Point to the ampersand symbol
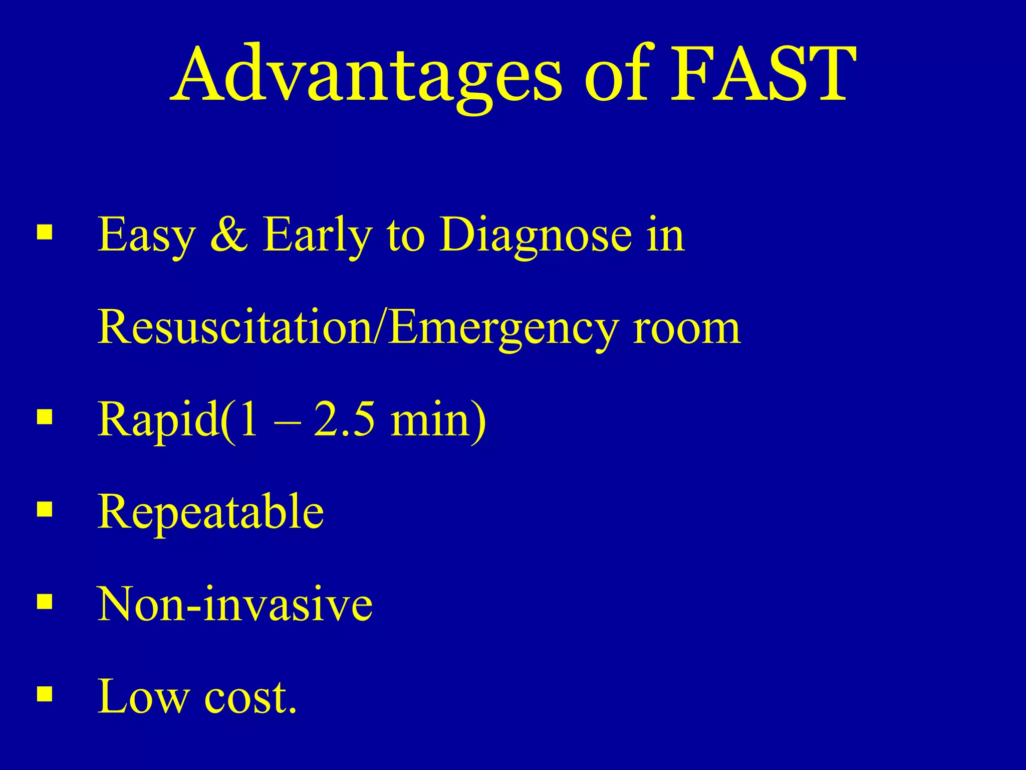click(x=229, y=235)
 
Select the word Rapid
click(x=158, y=420)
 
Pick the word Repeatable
click(x=210, y=512)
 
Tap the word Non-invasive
click(x=235, y=604)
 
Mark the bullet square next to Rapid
click(x=45, y=417)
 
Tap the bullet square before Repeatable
click(x=45, y=509)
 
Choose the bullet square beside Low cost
click(x=45, y=694)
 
